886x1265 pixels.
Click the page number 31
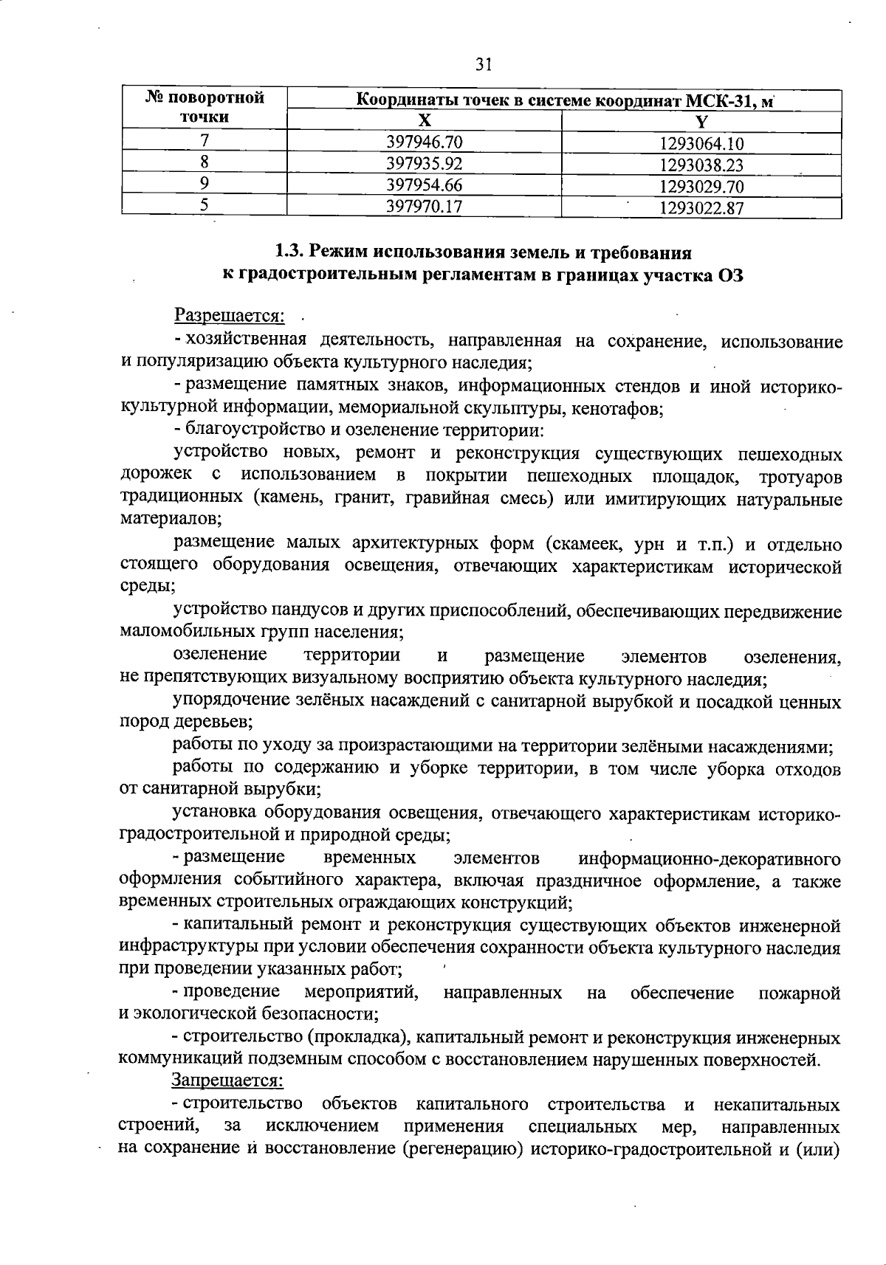pos(484,65)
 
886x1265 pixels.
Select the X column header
pos(425,121)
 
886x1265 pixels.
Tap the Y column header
pos(701,122)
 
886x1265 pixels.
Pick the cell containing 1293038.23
pos(701,165)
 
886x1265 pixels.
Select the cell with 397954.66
pos(425,185)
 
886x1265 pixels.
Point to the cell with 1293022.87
pos(701,208)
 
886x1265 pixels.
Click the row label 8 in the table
pos(205,162)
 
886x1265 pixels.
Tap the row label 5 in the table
pos(205,206)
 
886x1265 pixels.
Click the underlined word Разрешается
pos(229,316)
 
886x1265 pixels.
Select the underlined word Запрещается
pos(227,1080)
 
